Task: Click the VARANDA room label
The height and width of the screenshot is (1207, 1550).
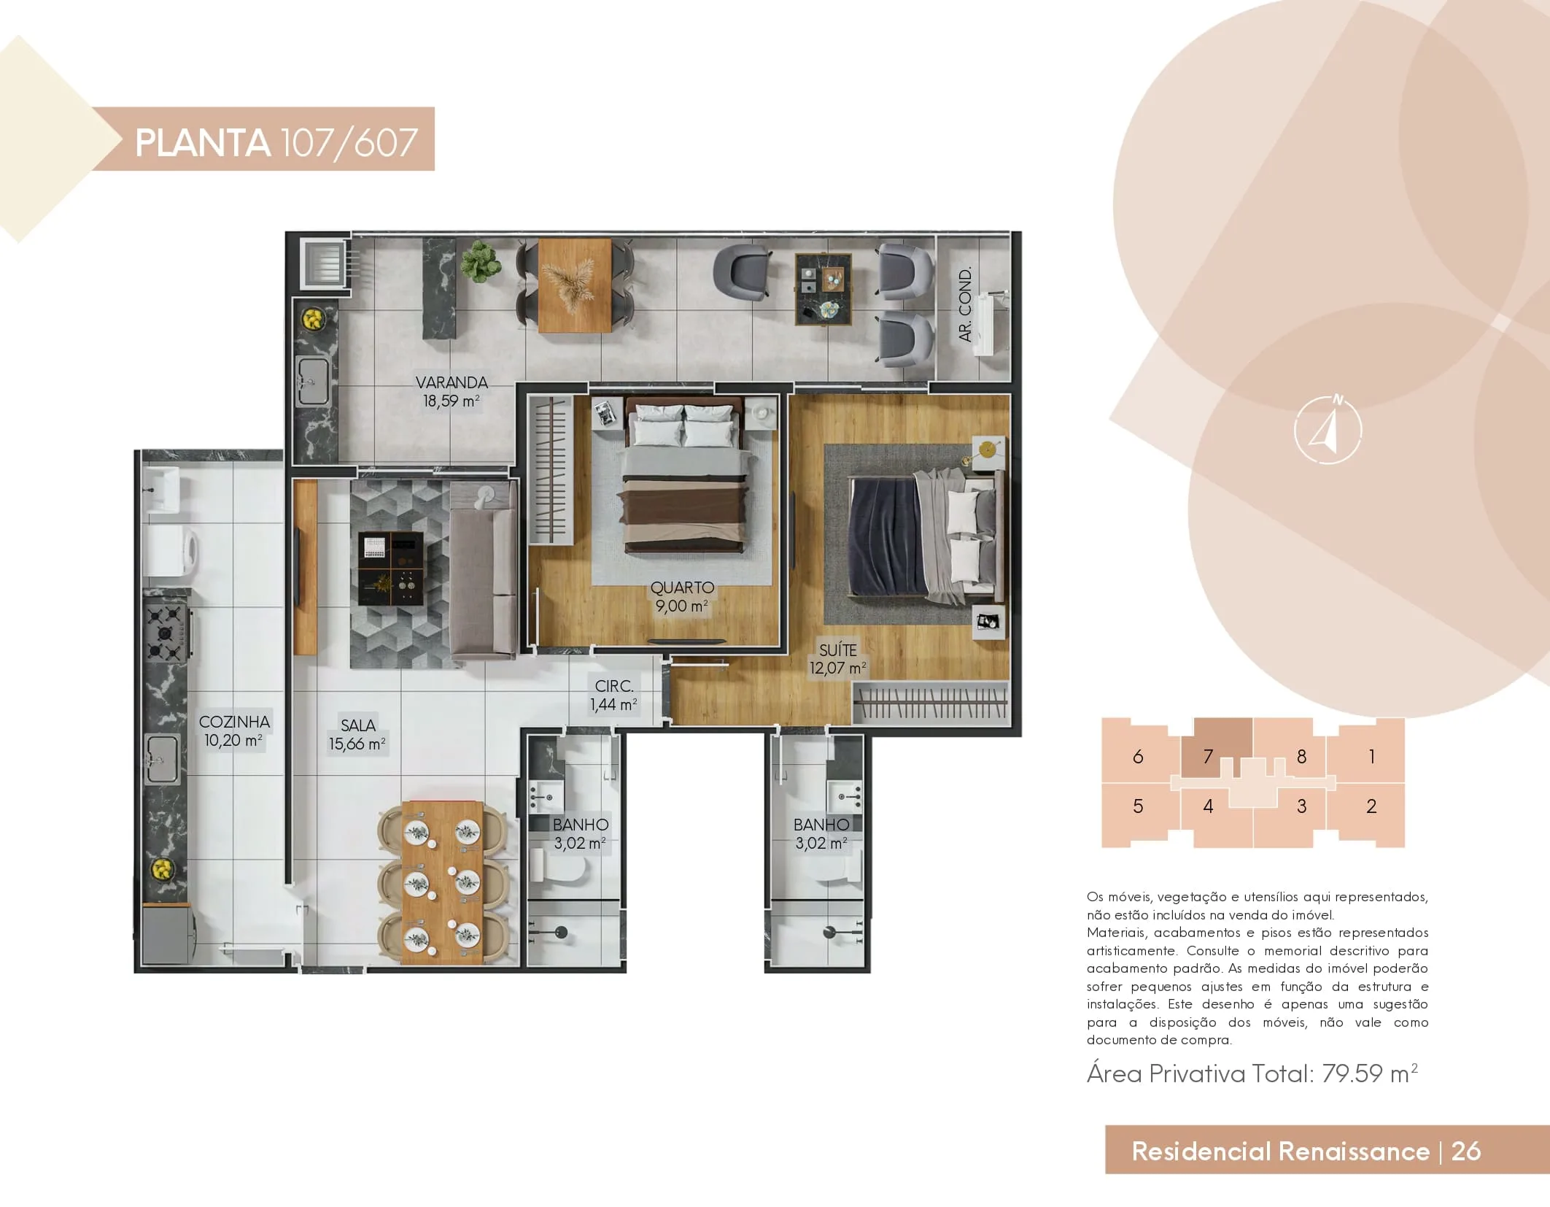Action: (x=452, y=382)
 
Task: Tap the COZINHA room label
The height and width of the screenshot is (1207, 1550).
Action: (x=234, y=722)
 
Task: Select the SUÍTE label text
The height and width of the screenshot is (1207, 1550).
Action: (x=838, y=649)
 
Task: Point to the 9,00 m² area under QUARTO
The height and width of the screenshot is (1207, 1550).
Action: (x=681, y=606)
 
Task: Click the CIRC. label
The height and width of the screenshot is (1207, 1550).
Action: (x=614, y=686)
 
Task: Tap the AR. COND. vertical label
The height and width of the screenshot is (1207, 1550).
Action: (x=965, y=304)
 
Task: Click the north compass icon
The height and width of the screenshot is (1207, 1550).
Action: (x=1328, y=430)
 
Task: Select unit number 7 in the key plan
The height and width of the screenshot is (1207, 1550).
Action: (x=1208, y=757)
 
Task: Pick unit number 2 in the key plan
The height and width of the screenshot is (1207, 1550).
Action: (x=1371, y=806)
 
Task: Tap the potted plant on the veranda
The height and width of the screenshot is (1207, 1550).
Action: (x=478, y=261)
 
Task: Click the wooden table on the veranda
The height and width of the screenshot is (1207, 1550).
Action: (x=575, y=285)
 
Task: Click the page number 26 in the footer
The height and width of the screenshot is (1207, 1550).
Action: (x=1466, y=1151)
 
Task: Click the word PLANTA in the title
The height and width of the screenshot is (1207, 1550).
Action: (x=202, y=142)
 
